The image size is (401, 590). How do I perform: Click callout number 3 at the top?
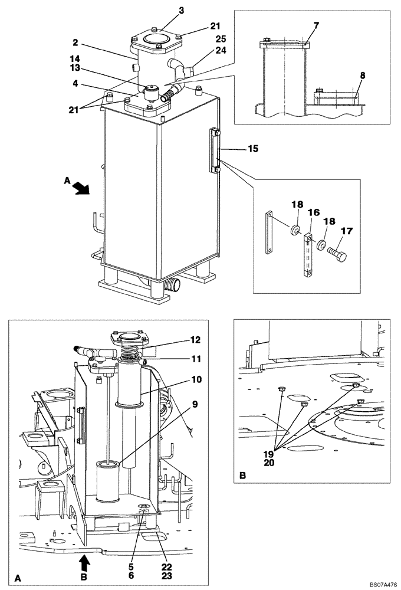tap(165, 10)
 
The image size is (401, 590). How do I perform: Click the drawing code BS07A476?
tap(383, 583)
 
